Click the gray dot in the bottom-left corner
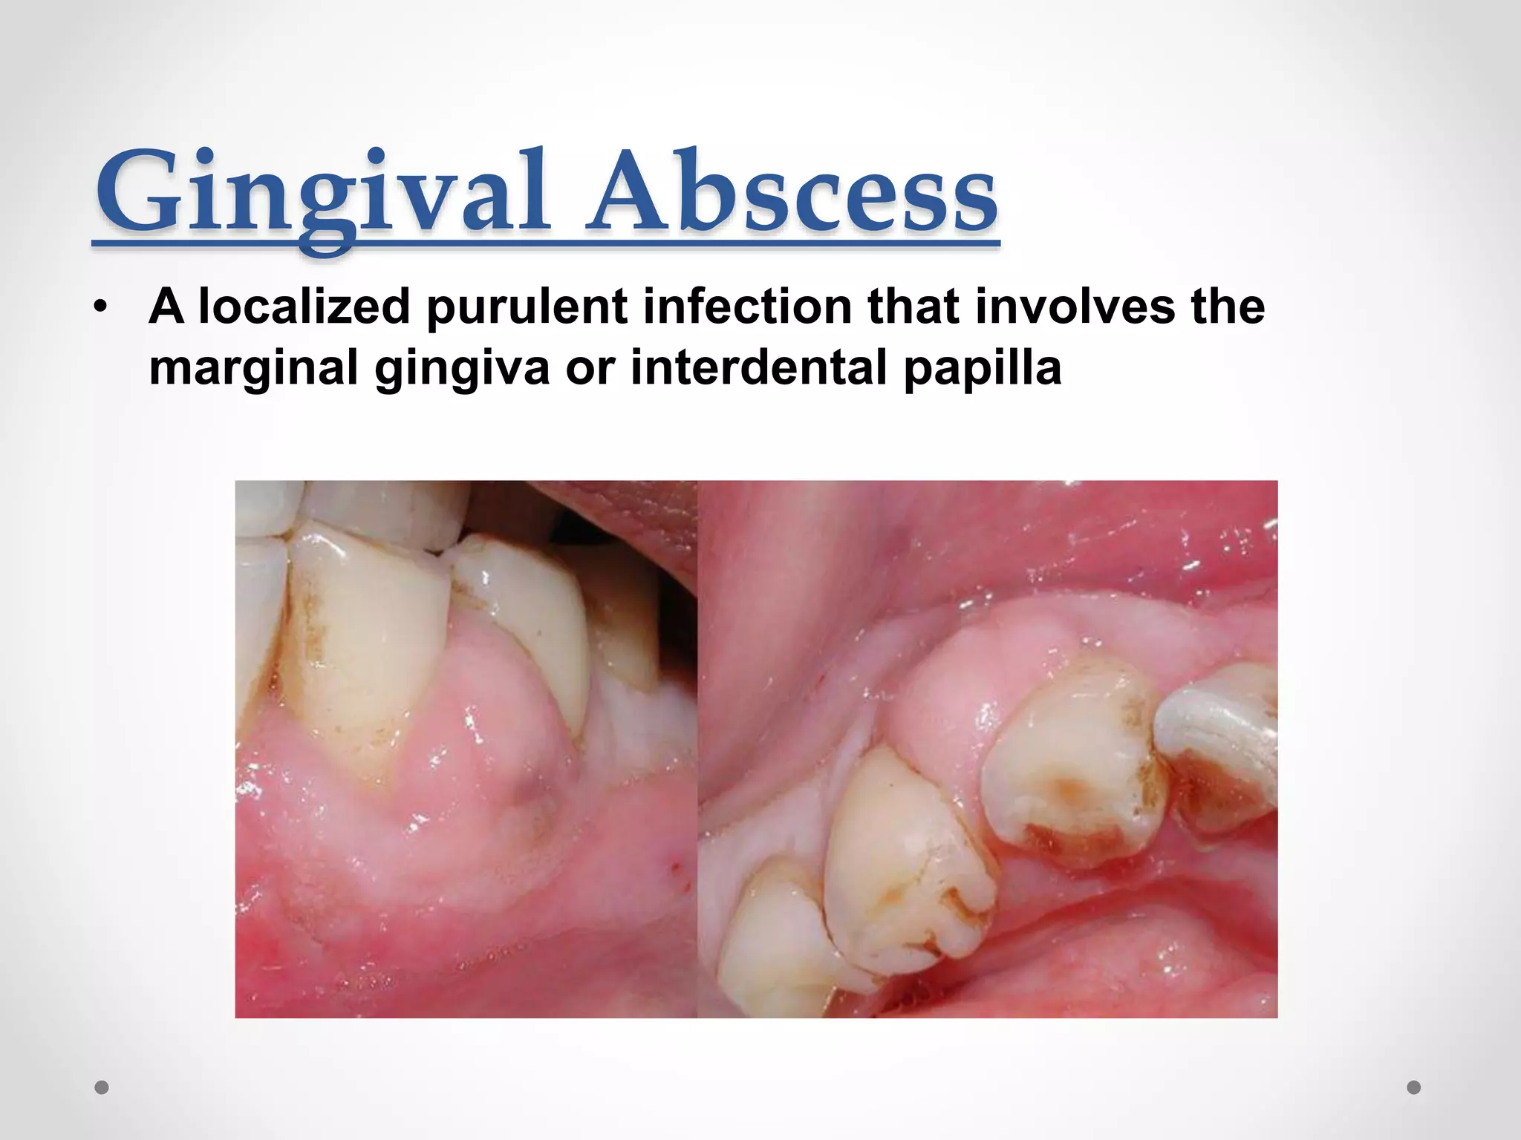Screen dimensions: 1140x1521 tap(102, 1088)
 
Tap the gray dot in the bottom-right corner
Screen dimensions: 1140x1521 tap(1414, 1088)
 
